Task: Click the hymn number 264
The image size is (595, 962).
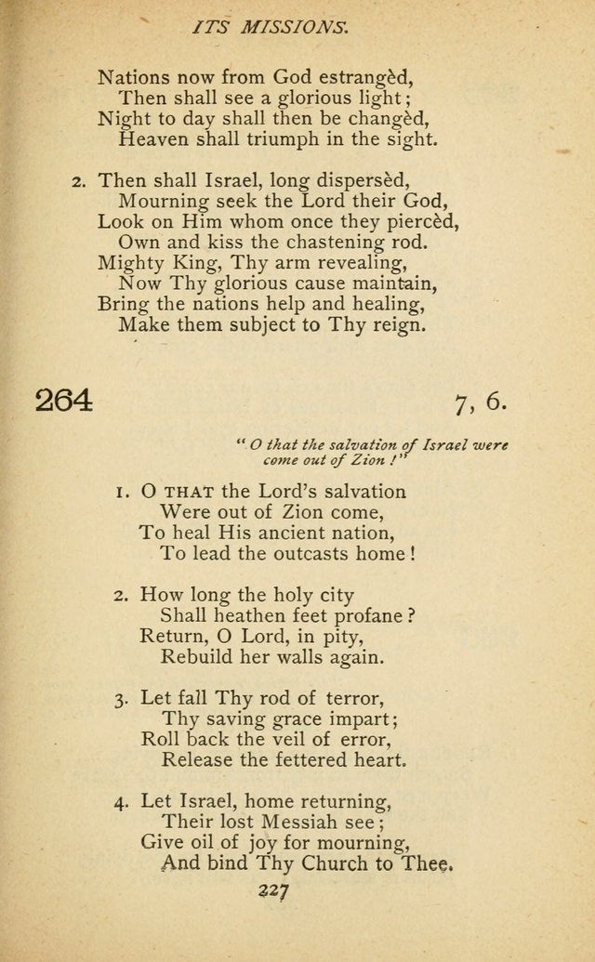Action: pos(64,402)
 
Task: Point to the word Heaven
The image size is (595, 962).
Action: pos(154,140)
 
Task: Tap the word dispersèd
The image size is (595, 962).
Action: pos(369,180)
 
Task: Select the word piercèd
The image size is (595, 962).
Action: pos(416,222)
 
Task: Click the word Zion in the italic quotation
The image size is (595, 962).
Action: pos(356,460)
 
